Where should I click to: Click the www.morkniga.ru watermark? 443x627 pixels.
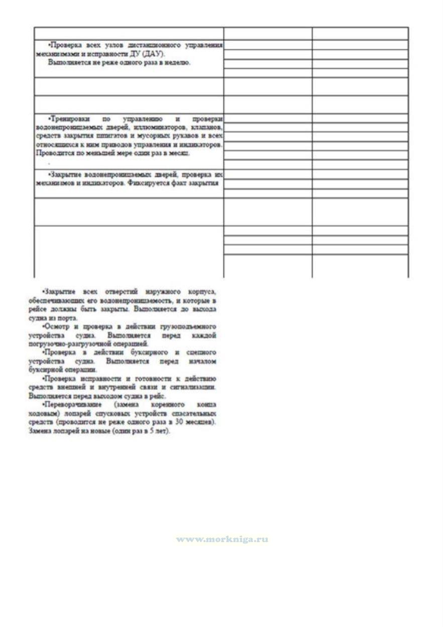(x=222, y=539)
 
